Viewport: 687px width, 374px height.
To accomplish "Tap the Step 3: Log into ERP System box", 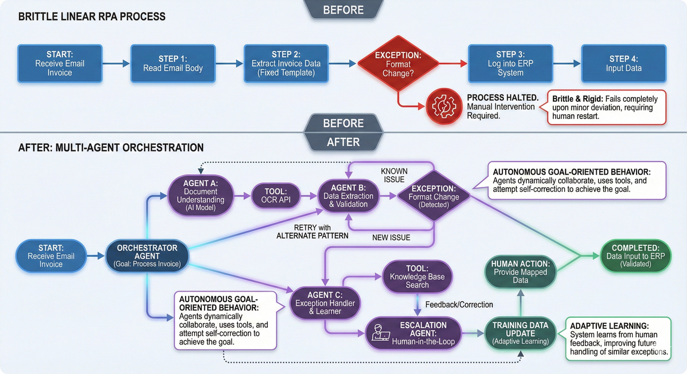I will [510, 63].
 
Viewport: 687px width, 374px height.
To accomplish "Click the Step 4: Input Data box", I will [623, 63].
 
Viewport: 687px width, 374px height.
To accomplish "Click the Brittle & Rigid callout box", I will [606, 107].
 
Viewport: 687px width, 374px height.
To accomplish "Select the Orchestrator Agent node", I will [147, 256].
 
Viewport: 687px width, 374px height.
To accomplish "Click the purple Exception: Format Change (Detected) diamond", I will [434, 197].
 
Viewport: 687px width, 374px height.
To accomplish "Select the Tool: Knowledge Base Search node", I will [416, 276].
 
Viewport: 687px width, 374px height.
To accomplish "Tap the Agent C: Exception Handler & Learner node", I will [325, 303].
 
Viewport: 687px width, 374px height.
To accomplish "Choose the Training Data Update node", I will [520, 333].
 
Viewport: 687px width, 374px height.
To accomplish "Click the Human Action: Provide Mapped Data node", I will [520, 272].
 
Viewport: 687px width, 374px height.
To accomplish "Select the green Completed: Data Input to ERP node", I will [635, 256].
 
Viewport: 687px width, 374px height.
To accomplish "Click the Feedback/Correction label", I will [459, 304].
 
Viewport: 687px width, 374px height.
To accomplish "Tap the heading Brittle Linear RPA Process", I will [92, 17].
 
